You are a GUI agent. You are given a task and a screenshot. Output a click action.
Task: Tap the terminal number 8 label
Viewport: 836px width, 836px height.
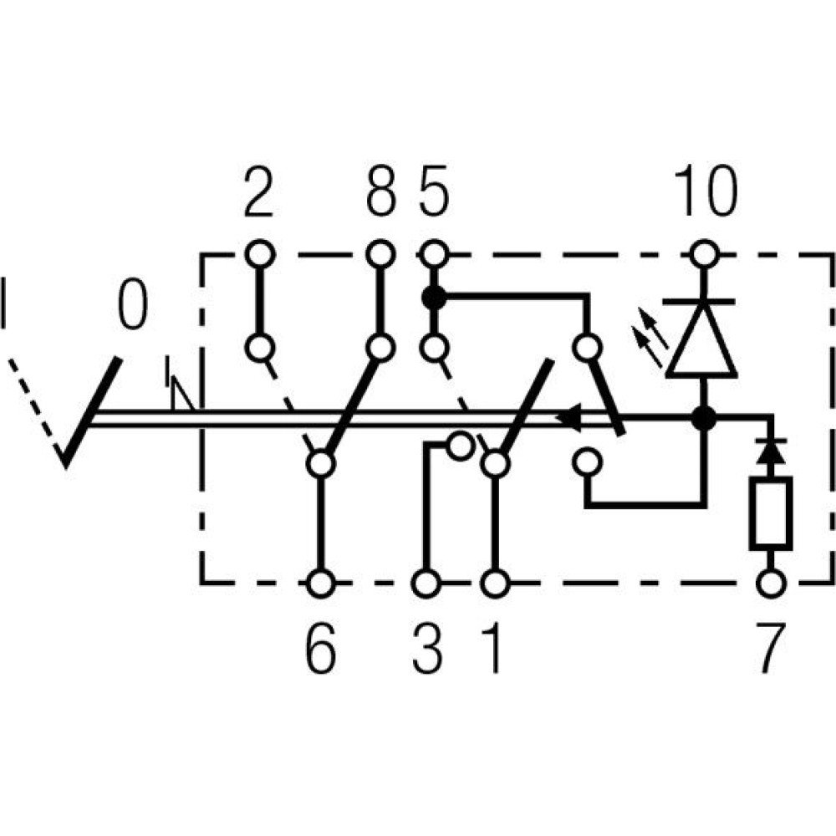point(380,191)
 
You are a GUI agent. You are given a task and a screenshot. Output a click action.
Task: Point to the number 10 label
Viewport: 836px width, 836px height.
point(706,191)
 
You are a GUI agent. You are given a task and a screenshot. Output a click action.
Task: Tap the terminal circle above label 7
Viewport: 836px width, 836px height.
point(771,583)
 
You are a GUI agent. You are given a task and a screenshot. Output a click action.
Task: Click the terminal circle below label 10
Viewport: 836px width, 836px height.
point(705,255)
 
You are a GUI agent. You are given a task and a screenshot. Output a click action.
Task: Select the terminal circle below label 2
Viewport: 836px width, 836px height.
point(260,254)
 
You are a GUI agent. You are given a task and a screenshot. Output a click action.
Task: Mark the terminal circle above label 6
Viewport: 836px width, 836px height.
point(321,584)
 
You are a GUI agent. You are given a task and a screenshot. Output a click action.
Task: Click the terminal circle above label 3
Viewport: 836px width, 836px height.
point(426,584)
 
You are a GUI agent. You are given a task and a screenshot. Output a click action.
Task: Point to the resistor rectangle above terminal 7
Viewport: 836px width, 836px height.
point(771,513)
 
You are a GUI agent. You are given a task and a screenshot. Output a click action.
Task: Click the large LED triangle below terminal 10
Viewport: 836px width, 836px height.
point(701,341)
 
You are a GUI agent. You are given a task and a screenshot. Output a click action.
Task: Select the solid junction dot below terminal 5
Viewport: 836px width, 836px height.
point(434,298)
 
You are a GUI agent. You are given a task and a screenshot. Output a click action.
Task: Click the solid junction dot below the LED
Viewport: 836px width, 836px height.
point(704,419)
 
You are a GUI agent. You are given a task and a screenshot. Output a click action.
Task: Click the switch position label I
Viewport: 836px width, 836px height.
point(3,303)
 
